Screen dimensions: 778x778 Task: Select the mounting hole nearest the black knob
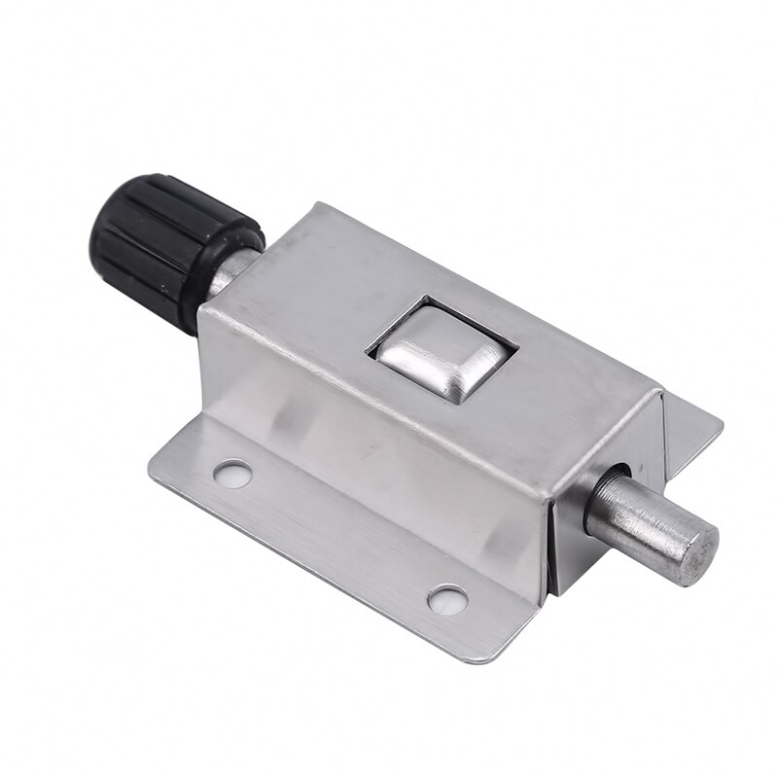tap(232, 474)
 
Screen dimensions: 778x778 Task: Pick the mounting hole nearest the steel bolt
tap(447, 599)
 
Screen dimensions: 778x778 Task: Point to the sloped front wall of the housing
tap(370, 457)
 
